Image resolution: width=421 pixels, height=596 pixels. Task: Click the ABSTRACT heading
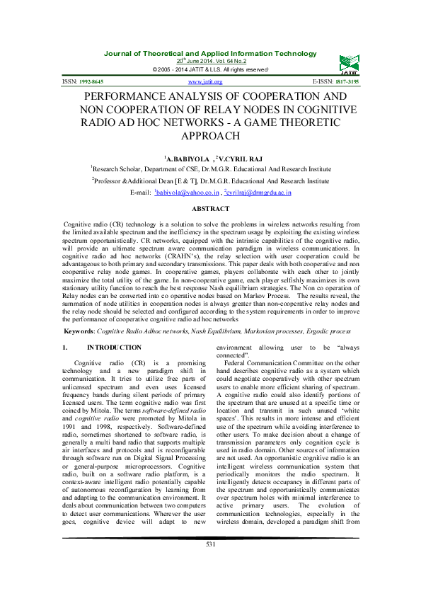210,209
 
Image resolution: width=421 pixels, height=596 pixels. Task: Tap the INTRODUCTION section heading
114,348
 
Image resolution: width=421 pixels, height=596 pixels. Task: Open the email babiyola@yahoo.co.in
185,192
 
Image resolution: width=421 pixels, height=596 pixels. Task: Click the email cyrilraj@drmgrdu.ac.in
258,192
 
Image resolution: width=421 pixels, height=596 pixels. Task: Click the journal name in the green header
210,54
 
